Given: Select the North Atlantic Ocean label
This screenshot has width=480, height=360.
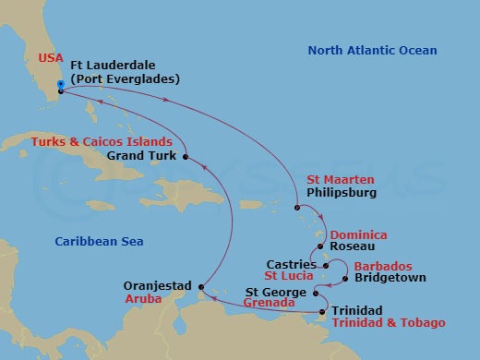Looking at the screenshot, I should [373, 51].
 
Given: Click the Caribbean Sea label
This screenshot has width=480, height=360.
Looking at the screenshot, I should [90, 241].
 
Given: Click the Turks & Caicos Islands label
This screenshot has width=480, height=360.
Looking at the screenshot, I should [102, 142].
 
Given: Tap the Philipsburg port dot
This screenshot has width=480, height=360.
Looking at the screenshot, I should [297, 208].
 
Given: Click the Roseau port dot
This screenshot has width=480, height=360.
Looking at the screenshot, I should [319, 246].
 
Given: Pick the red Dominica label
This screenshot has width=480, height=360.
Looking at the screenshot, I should [358, 234].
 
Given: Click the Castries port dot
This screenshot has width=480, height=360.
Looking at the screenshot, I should [327, 266].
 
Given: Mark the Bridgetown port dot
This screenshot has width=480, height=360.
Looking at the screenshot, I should [343, 278].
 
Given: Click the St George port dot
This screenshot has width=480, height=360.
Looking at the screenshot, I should [317, 295].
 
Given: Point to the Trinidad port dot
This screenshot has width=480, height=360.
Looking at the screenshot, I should [321, 312].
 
